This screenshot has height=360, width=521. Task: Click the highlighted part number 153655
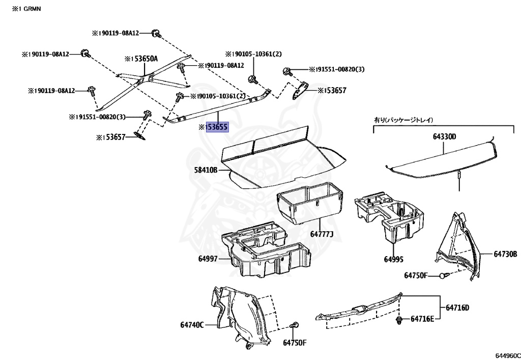217,127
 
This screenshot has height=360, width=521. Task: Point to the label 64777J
322,234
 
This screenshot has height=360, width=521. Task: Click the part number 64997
208,259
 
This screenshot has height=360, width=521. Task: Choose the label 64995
393,259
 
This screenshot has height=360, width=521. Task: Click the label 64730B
505,254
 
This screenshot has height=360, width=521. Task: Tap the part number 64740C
192,324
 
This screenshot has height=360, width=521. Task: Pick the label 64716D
457,308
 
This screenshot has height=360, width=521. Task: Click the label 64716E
422,319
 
